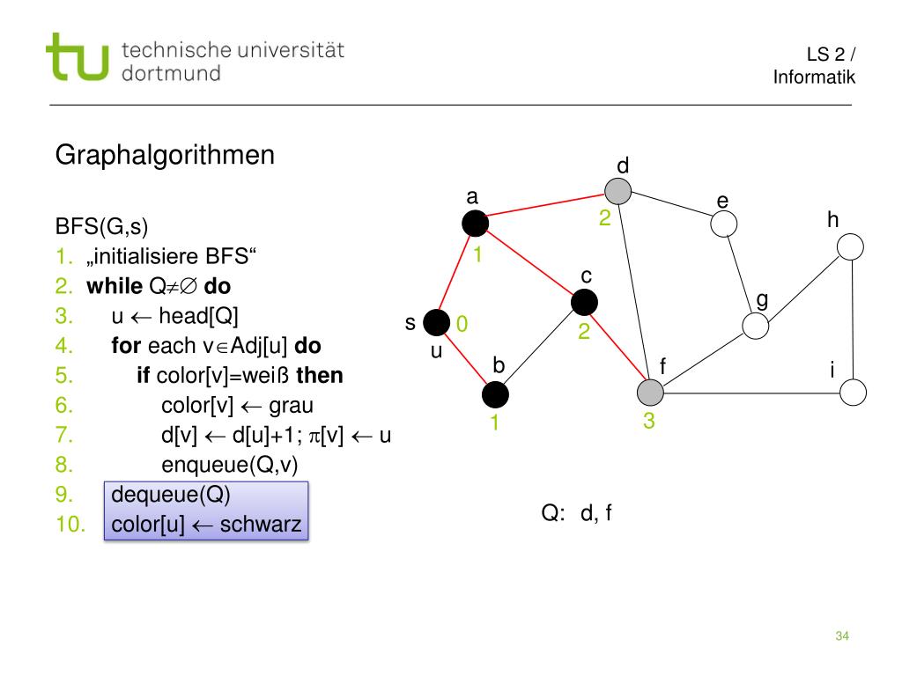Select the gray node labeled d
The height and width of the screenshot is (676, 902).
click(x=618, y=192)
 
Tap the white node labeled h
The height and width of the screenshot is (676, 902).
click(x=850, y=247)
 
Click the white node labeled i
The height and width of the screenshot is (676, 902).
click(x=853, y=392)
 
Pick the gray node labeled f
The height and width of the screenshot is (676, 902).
click(x=650, y=393)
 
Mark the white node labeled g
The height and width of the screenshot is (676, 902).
click(x=755, y=326)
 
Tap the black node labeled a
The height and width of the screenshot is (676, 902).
click(x=476, y=224)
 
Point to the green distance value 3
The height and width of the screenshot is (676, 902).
click(x=649, y=422)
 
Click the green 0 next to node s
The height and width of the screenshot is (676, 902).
click(x=461, y=326)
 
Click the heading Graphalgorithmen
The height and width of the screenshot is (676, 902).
click(x=165, y=156)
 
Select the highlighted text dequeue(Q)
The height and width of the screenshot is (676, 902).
click(x=171, y=495)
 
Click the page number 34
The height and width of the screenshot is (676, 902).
click(x=841, y=636)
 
